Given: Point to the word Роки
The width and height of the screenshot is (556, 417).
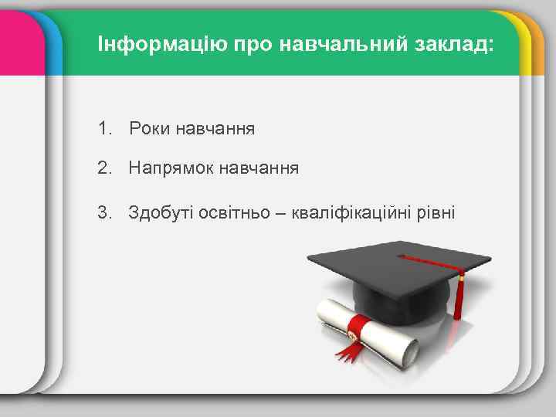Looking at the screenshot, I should click(x=150, y=127).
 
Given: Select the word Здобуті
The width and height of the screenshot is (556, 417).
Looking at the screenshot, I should click(x=158, y=211).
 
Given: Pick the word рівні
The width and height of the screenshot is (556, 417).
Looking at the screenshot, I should click(x=437, y=211).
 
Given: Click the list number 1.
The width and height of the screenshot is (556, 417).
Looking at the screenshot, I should click(x=104, y=127).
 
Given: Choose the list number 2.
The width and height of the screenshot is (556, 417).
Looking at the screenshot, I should click(x=104, y=168).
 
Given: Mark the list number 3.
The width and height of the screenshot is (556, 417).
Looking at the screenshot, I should click(x=104, y=211).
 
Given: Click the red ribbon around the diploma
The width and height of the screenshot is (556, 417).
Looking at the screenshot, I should click(x=356, y=331).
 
